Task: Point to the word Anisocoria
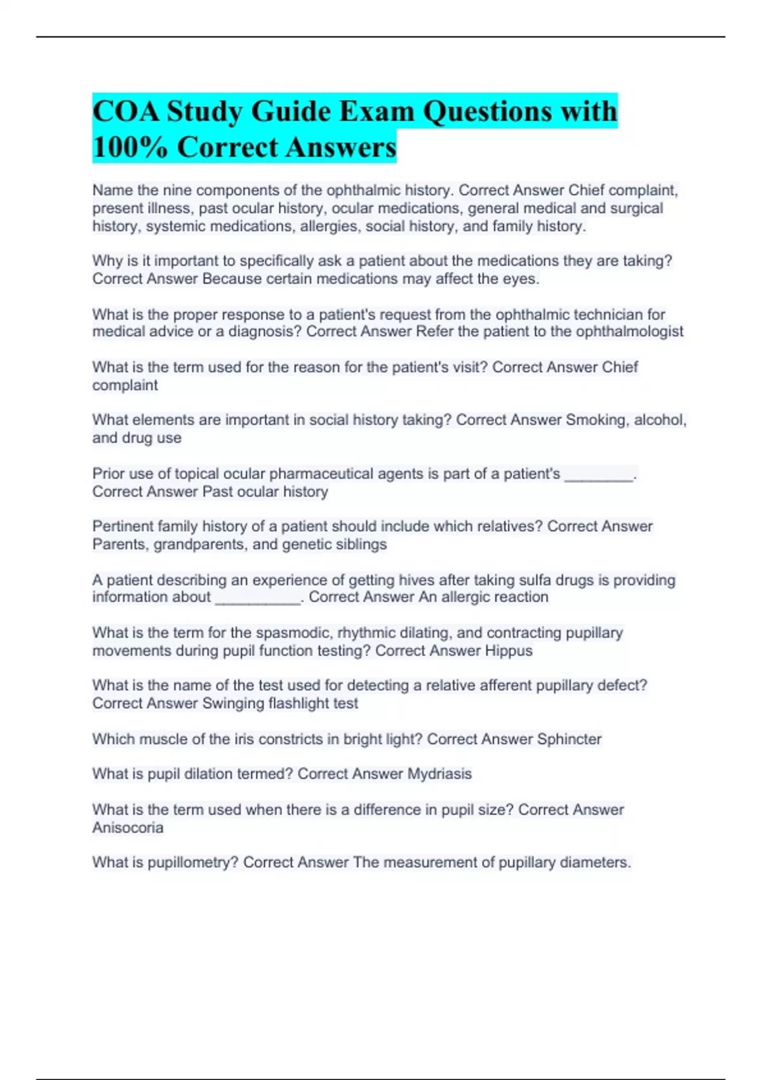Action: [128, 827]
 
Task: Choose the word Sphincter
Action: [569, 739]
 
